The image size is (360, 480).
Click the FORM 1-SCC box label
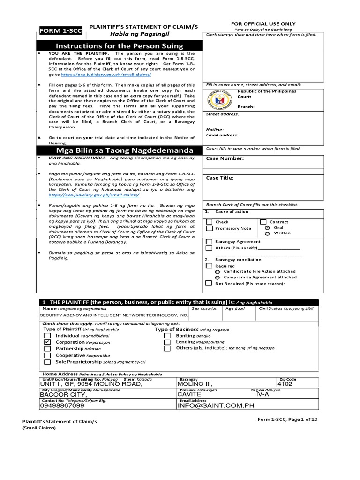point(60,31)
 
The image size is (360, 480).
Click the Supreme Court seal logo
point(220,99)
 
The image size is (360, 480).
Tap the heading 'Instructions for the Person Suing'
point(120,46)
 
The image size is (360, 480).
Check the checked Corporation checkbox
point(47,343)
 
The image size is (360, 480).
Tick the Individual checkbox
point(47,336)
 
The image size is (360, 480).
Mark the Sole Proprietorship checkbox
point(47,362)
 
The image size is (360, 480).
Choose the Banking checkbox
point(167,336)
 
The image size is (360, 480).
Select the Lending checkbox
point(167,343)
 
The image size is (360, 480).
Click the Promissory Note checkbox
point(209,228)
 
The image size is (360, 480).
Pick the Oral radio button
point(267,227)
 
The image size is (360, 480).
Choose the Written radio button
point(267,233)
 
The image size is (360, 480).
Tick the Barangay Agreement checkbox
point(209,241)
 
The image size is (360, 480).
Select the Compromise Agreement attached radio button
point(217,277)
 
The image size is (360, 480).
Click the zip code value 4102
point(285,384)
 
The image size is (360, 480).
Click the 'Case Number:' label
point(225,158)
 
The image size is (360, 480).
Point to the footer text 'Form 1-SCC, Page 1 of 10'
point(287,419)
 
